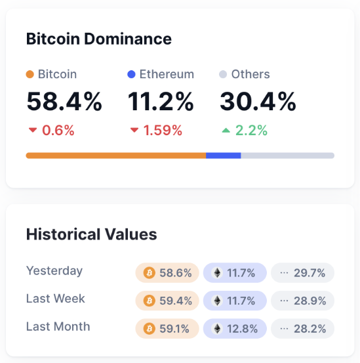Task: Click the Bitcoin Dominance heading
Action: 99,39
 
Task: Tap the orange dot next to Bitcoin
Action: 30,74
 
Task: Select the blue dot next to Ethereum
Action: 131,74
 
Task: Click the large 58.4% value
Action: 64,102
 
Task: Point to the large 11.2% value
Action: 161,102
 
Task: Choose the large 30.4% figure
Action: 258,102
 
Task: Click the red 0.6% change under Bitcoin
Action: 52,130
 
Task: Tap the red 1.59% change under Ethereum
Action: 156,130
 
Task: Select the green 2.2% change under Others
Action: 245,130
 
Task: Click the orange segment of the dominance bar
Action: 115,156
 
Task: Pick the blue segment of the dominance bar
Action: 224,156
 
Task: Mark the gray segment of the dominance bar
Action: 287,156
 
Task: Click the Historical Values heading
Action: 92,234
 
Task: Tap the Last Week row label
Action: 56,299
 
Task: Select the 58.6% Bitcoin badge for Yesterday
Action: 167,273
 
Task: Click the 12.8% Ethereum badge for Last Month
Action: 235,328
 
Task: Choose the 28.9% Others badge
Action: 302,301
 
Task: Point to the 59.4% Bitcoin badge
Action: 167,301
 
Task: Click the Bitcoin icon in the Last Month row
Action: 149,328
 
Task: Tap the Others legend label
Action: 250,74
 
